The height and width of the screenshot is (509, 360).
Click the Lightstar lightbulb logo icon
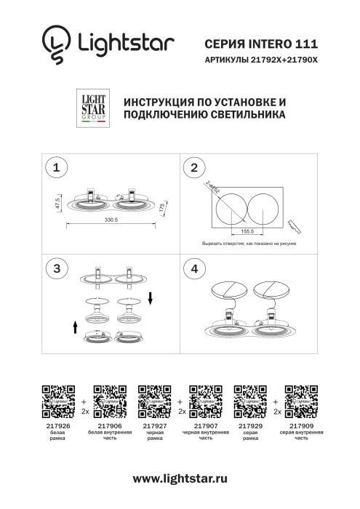pyautogui.click(x=55, y=46)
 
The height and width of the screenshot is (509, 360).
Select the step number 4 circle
pyautogui.click(x=193, y=268)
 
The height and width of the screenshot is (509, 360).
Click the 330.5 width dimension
pyautogui.click(x=111, y=219)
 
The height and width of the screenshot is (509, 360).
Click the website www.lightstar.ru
pyautogui.click(x=180, y=478)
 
